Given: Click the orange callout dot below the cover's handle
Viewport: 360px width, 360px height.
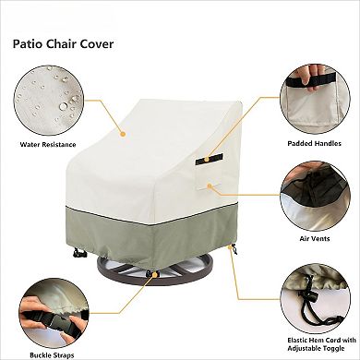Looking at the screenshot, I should (x=211, y=186).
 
